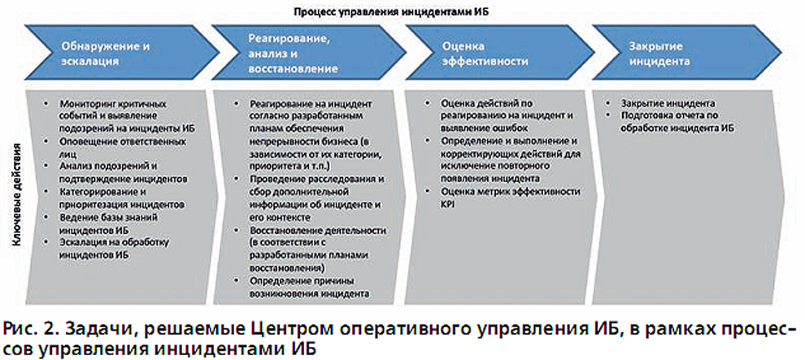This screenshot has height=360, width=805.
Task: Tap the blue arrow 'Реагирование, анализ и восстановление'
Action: coord(308,53)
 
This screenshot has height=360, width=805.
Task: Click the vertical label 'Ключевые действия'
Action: coord(17,197)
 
